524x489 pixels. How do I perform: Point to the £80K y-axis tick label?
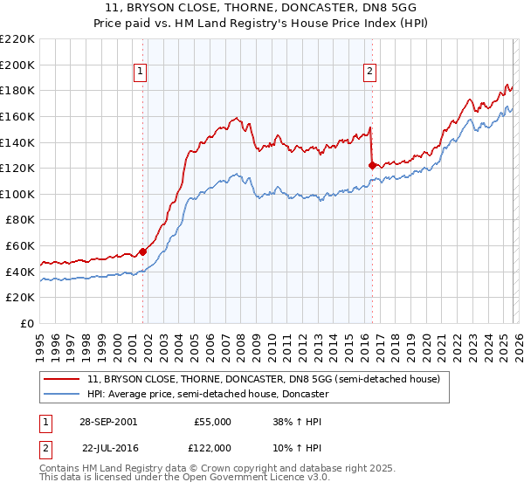point(20,220)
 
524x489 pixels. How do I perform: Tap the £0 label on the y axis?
point(28,324)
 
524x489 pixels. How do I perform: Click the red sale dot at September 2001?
point(143,252)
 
